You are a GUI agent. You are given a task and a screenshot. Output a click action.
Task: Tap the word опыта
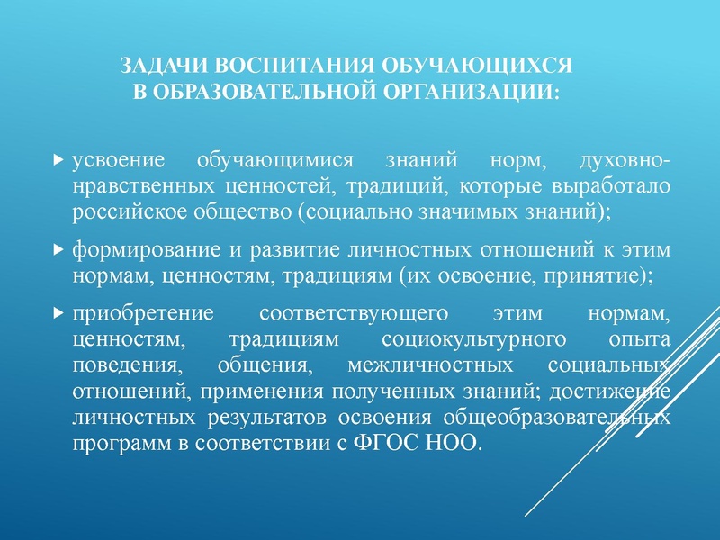tap(639, 341)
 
